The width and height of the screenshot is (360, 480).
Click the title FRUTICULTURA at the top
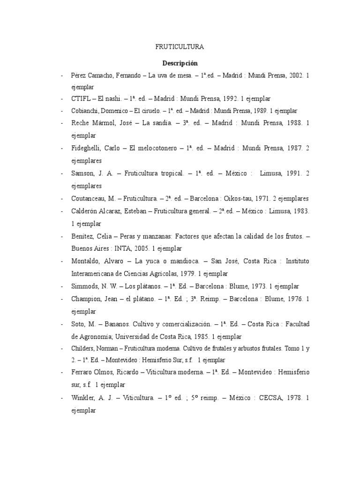[x=180, y=47]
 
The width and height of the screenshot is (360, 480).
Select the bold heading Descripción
[x=180, y=63]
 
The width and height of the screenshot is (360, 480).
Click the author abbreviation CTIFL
[x=81, y=99]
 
